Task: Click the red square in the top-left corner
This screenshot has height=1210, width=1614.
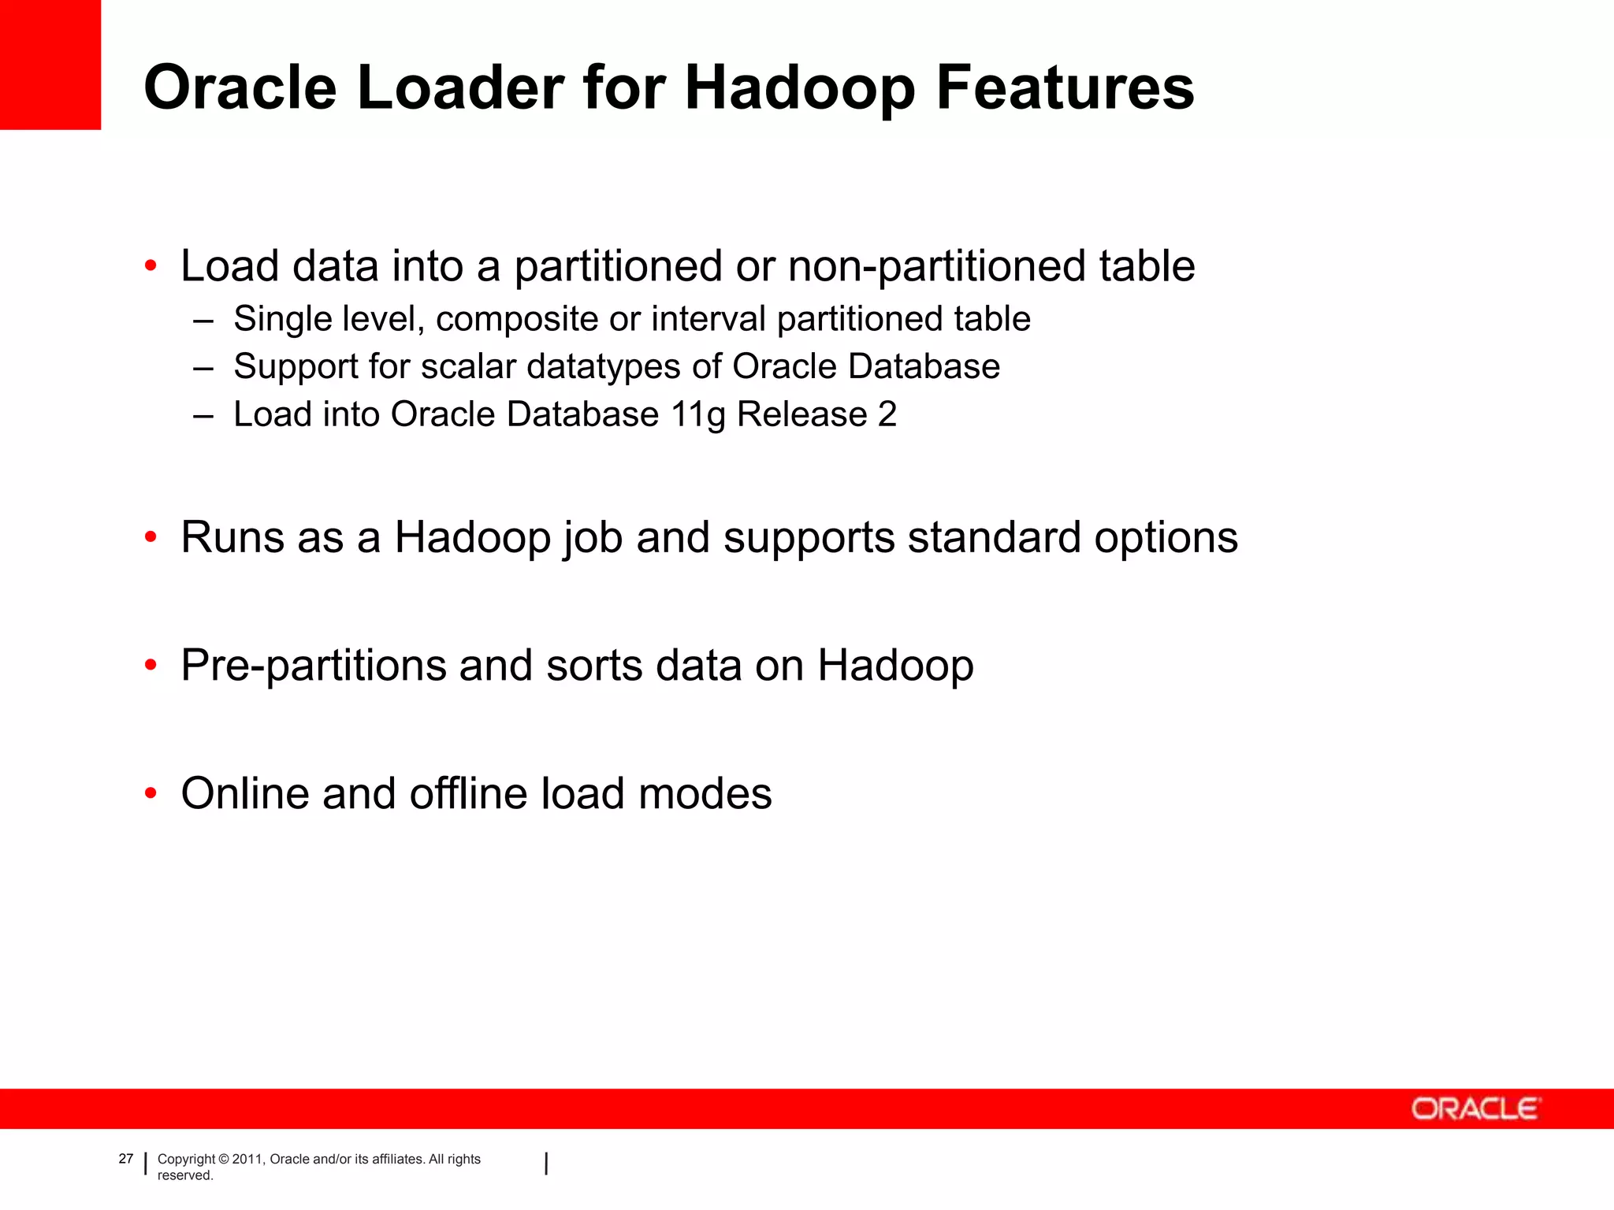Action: [50, 65]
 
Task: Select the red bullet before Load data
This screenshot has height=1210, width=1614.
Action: [151, 266]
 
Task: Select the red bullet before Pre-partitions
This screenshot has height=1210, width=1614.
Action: [151, 666]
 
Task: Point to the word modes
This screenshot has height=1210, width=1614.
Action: [705, 794]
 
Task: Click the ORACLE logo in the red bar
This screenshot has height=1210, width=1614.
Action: [1475, 1109]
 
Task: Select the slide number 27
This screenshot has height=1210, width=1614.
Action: [126, 1159]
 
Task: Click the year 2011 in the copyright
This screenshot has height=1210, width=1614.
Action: [247, 1160]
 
